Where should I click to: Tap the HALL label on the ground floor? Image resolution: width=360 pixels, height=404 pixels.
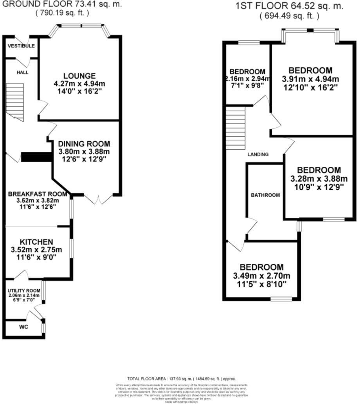coord(22,73)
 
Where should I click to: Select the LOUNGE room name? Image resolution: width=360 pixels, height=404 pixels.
coord(80,76)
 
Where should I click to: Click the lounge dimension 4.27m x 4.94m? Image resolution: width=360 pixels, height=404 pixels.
coord(80,83)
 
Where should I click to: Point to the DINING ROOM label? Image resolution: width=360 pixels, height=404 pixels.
coord(84,144)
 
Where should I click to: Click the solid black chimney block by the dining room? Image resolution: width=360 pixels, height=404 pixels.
coord(36,157)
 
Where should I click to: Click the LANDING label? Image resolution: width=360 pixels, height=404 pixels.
coord(258,154)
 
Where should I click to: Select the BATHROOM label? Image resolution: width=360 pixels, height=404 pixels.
coord(266,195)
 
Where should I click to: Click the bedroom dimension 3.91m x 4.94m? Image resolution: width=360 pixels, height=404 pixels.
coord(311,79)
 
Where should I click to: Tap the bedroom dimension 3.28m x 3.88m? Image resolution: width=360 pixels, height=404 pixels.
coord(319,179)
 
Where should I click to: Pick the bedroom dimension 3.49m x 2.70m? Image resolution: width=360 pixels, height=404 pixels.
coord(262,275)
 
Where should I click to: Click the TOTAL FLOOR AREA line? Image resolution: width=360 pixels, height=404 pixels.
coord(182,379)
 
